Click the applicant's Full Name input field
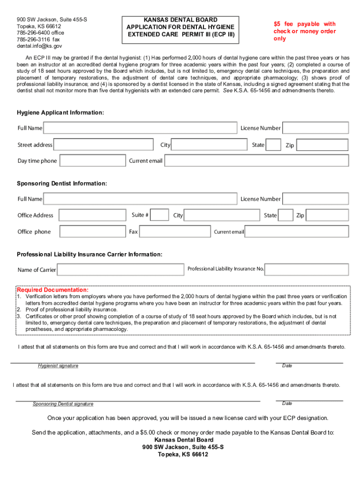click(x=140, y=128)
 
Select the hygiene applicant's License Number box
click(x=316, y=128)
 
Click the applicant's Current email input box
click(x=256, y=161)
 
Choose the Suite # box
click(x=160, y=215)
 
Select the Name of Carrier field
click(x=120, y=270)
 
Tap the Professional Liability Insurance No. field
click(x=307, y=269)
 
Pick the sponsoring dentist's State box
click(x=286, y=215)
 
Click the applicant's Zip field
click(x=323, y=145)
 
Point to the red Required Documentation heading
click(x=53, y=290)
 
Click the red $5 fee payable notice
click(x=305, y=31)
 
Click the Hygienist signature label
click(x=58, y=366)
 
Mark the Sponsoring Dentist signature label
click(x=63, y=404)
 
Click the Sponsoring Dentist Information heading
click(x=62, y=183)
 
